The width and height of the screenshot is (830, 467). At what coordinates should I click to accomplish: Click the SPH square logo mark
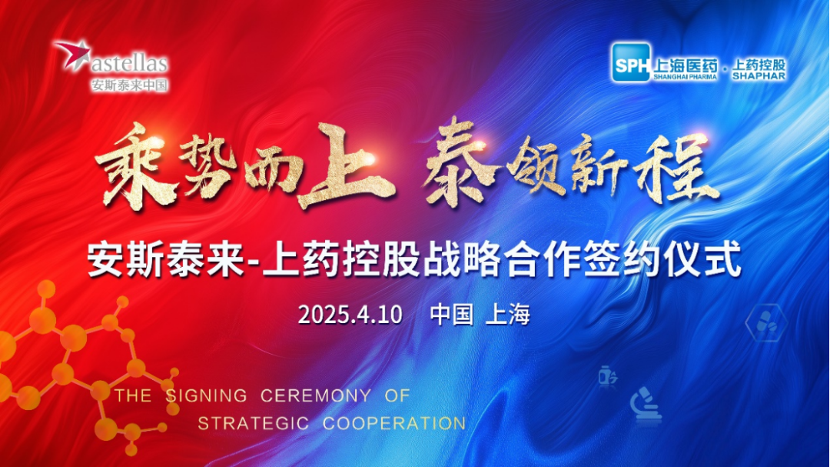630,61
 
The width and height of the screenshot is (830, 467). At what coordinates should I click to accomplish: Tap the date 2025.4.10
350,315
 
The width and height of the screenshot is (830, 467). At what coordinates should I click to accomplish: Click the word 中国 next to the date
451,315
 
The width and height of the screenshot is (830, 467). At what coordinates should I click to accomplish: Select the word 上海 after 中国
508,315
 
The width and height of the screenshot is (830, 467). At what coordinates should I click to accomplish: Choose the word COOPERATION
394,423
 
